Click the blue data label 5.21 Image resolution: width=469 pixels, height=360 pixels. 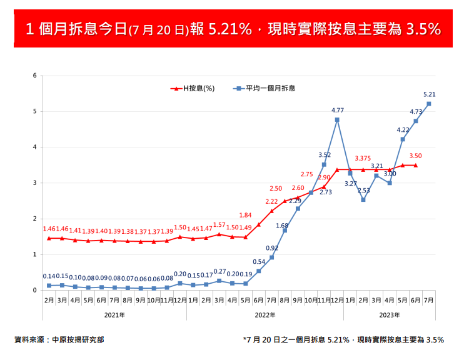pos(429,94)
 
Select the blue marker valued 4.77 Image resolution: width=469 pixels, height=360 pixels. pos(337,119)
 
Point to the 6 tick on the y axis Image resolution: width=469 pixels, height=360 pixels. pos(35,76)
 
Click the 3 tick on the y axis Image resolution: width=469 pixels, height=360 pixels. pos(35,183)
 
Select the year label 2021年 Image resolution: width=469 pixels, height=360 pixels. pos(114,315)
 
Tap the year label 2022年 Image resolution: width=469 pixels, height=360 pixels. pos(265,315)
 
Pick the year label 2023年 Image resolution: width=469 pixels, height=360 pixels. pos(389,315)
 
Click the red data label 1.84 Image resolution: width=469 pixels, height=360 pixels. pos(245,215)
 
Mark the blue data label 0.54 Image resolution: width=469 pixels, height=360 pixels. pos(259,262)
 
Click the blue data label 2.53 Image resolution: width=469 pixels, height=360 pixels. pos(363,190)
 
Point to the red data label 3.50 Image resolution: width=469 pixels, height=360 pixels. pos(416,156)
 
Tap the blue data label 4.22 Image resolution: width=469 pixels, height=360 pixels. pos(403,130)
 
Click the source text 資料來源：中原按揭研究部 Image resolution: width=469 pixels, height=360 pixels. pos(59,340)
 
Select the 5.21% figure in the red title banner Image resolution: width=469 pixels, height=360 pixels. pos(229,29)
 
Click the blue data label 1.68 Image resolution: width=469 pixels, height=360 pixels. pos(282,226)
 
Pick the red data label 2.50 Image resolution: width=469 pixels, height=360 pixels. pos(276,189)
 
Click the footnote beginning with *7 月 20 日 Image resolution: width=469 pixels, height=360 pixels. pos(343,340)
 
